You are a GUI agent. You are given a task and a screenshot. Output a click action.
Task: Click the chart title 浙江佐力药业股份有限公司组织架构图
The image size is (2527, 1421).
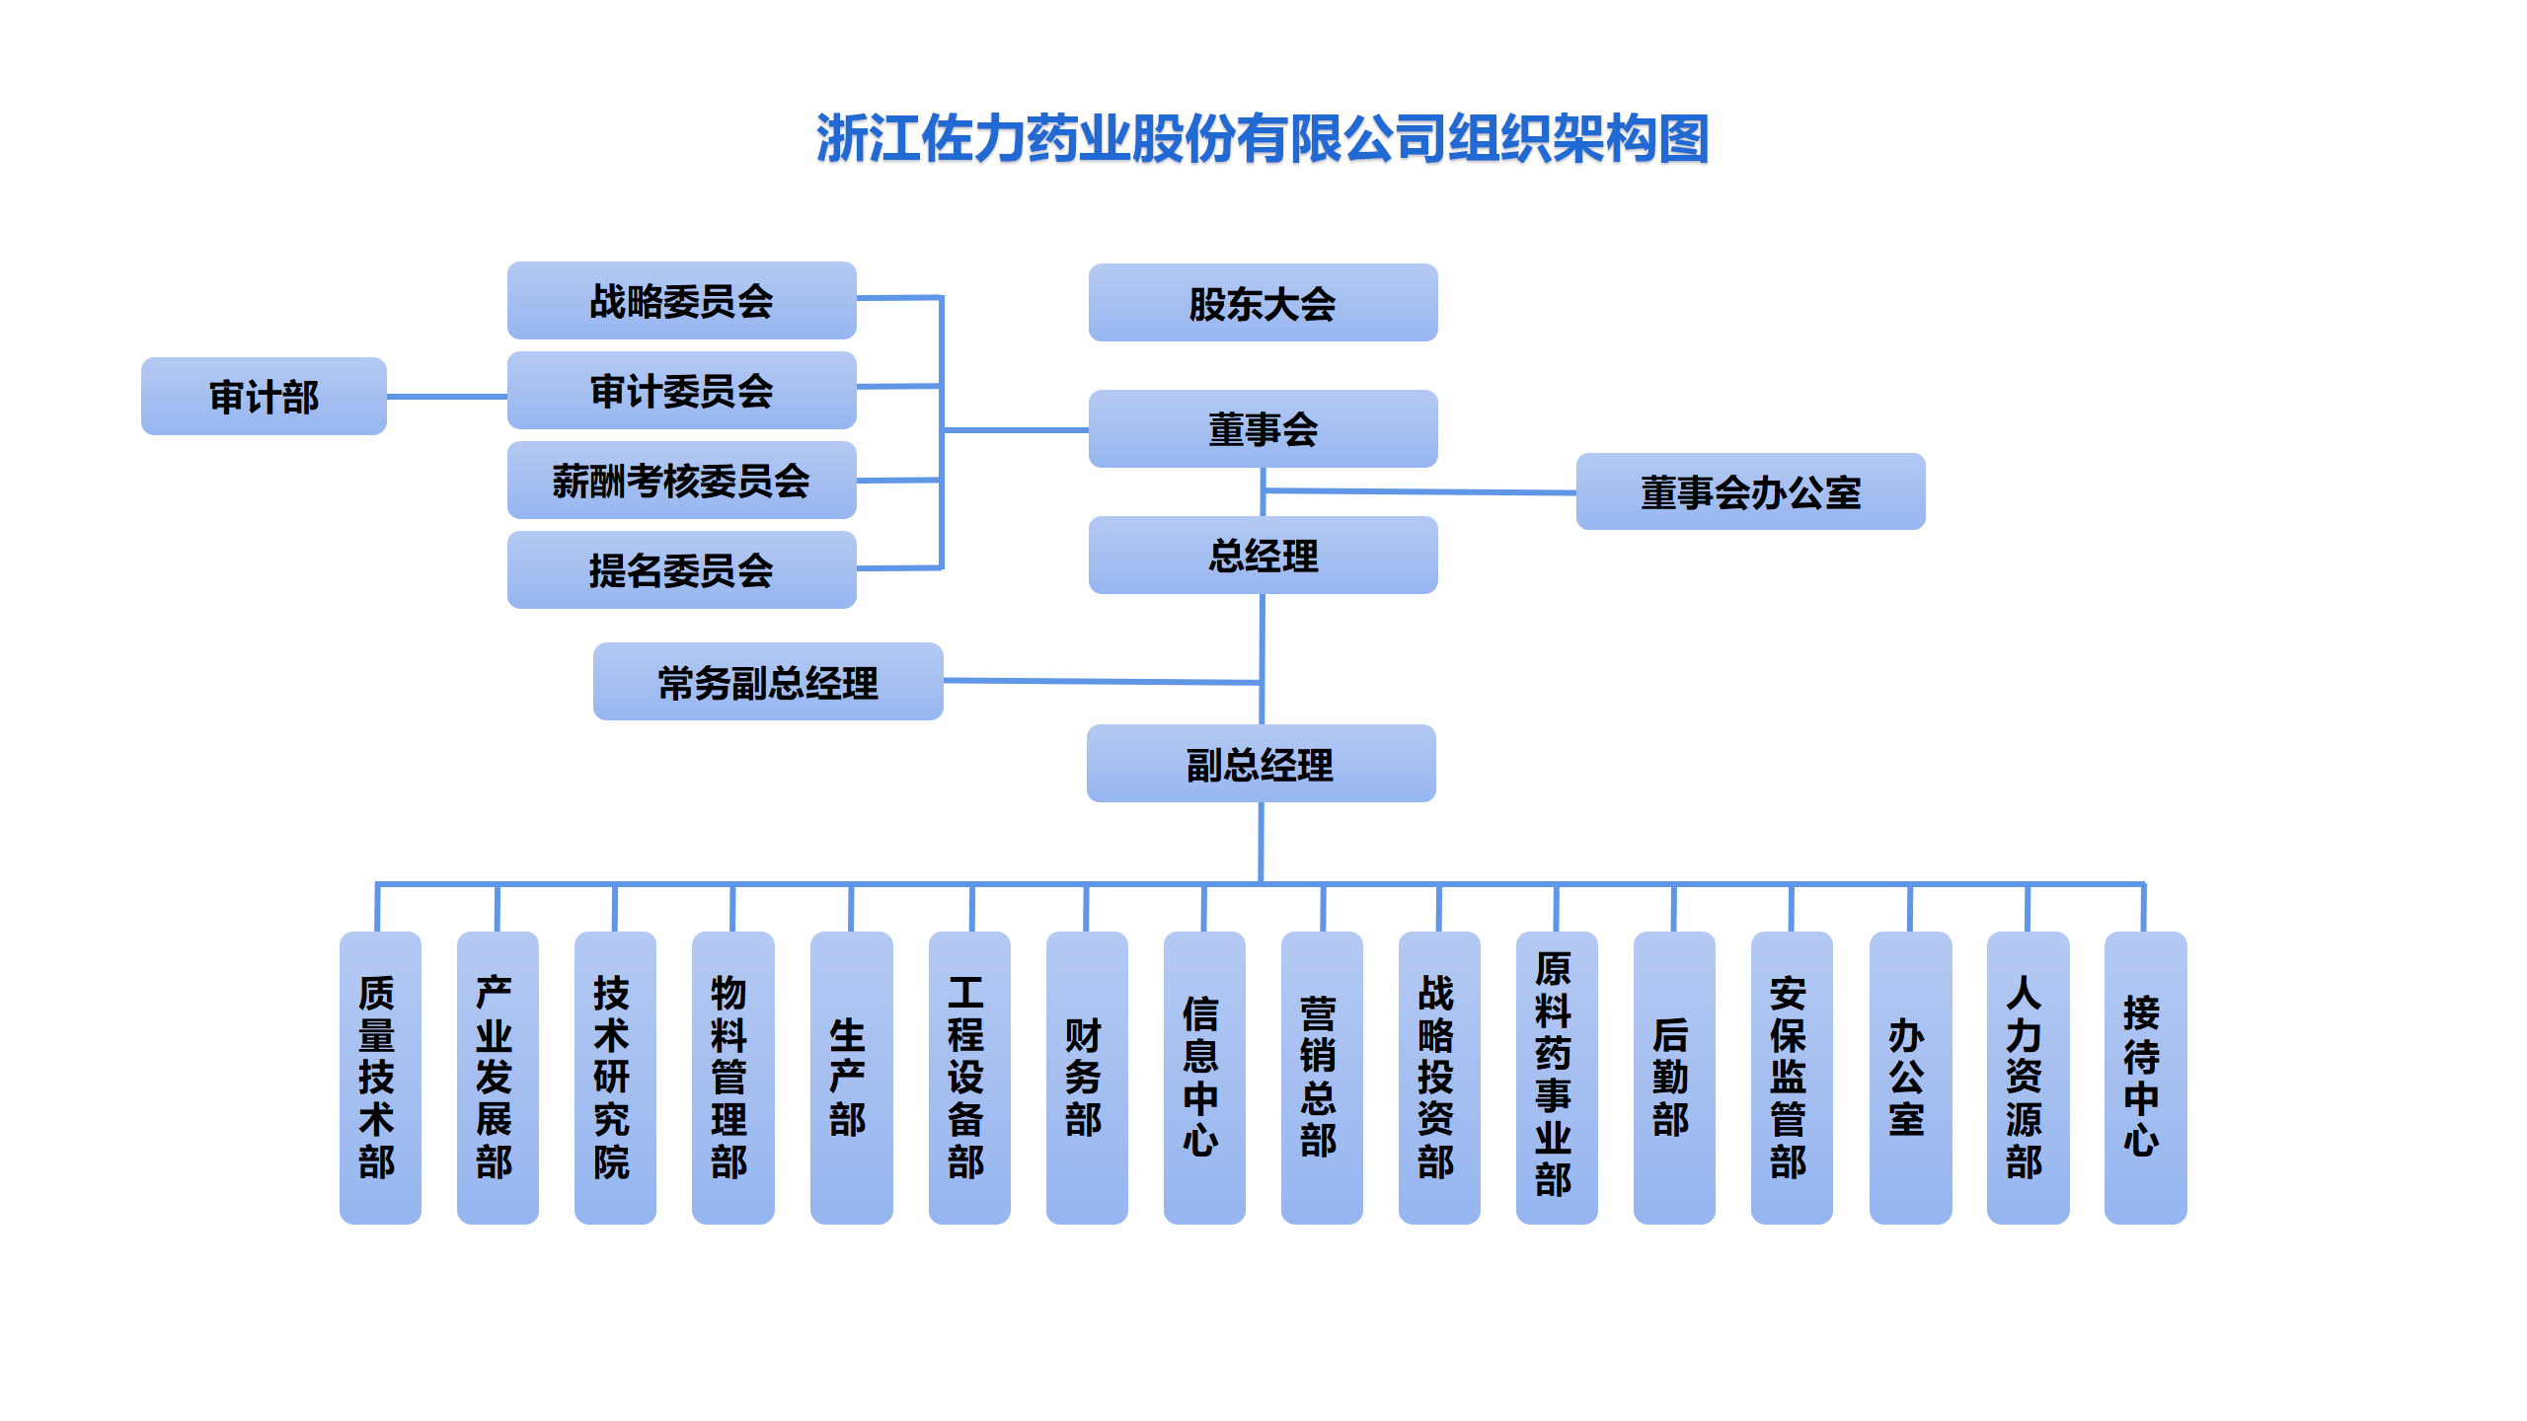click(1263, 138)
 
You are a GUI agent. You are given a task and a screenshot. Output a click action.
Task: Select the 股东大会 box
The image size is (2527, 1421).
click(1263, 303)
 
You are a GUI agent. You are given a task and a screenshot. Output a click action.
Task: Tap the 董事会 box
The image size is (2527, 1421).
click(1263, 429)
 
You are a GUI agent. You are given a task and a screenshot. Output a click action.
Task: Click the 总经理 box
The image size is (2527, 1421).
click(1263, 556)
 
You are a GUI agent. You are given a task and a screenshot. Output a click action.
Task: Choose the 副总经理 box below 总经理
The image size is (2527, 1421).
click(1261, 764)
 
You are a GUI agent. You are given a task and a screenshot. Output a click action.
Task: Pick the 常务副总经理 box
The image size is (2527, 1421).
click(768, 682)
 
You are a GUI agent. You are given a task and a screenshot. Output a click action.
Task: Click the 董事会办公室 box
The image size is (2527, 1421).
click(1750, 491)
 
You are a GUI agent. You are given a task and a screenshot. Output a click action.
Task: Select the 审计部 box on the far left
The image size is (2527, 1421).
click(264, 397)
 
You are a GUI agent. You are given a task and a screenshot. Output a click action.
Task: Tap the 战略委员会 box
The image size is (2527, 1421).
click(681, 301)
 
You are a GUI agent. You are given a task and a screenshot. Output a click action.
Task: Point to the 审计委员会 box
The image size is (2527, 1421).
click(681, 391)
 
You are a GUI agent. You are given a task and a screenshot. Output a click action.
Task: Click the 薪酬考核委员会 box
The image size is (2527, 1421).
click(681, 481)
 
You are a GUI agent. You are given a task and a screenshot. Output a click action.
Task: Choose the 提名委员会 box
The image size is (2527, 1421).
click(681, 570)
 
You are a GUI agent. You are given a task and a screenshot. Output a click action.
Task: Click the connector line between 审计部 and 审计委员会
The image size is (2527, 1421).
click(446, 397)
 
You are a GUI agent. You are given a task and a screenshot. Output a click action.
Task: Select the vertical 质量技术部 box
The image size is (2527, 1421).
click(380, 1078)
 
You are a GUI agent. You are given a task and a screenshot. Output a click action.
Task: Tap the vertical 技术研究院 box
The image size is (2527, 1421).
click(615, 1078)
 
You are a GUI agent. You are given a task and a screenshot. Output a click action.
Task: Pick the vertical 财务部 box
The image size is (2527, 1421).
click(1086, 1078)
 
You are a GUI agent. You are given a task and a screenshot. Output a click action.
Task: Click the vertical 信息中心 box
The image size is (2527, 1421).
click(1203, 1078)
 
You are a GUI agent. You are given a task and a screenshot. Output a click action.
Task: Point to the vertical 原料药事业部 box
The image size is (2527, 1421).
click(1556, 1078)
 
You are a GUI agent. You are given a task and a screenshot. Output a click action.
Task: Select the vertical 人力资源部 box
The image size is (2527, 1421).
click(2027, 1078)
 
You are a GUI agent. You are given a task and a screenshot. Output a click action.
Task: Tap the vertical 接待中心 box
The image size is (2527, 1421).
click(2144, 1078)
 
